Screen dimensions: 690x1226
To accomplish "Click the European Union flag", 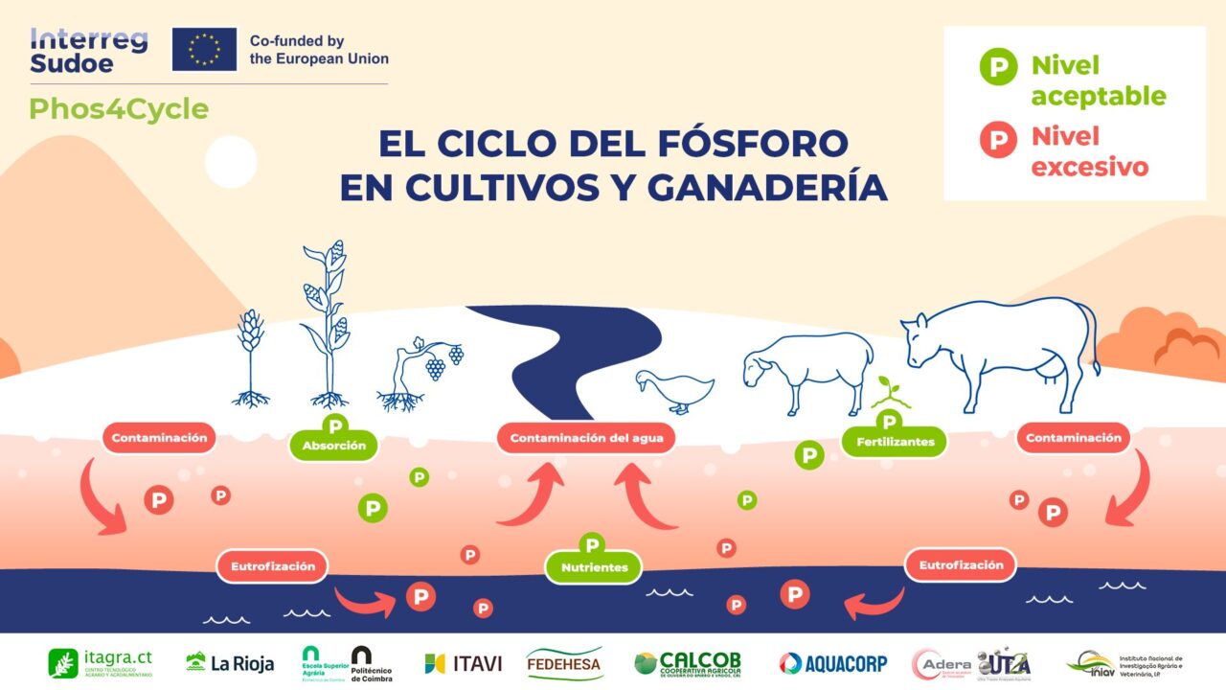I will coord(204,49).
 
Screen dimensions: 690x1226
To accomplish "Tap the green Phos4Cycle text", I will coord(119,109).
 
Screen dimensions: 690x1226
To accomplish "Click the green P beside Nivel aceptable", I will coord(998,67).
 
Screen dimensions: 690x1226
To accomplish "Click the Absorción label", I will coord(334,446).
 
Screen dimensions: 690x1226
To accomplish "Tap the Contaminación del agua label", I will coord(586,439).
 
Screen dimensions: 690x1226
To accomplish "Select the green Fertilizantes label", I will coord(894,442).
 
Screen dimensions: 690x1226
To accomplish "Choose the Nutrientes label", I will coord(594,567).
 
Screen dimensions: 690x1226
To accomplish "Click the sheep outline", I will coord(809,369).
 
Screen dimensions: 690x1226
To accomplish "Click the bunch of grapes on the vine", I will coord(437,366).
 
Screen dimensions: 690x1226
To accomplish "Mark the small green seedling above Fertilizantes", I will coord(891,392).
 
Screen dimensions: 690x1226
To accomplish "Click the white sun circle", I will coord(231,161).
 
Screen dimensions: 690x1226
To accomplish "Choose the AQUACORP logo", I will coord(832,663).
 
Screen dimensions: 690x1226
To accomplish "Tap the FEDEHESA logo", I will coord(564,663).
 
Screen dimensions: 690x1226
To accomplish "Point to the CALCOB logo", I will coord(687,663).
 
